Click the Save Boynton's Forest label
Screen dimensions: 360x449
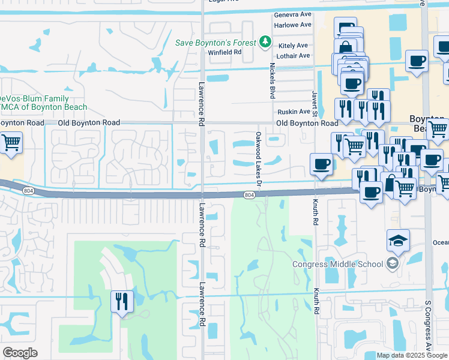coord(217,43)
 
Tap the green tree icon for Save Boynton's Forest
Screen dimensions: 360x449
coord(265,42)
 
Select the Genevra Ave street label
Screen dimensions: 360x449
coord(292,14)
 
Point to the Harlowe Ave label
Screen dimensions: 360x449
coord(292,25)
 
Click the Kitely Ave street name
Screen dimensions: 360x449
coord(293,46)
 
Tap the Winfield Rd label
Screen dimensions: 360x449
coord(225,52)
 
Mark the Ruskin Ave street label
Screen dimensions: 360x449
coord(293,112)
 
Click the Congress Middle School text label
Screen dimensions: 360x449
coord(337,264)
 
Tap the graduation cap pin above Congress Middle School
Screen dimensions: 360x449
coord(398,240)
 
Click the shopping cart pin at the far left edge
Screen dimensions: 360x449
coord(10,143)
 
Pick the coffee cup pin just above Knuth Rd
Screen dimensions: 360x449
coord(322,164)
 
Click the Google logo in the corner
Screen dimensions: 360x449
coord(20,353)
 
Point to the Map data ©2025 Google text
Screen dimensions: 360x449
coord(411,355)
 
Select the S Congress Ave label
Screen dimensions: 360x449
coord(428,327)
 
